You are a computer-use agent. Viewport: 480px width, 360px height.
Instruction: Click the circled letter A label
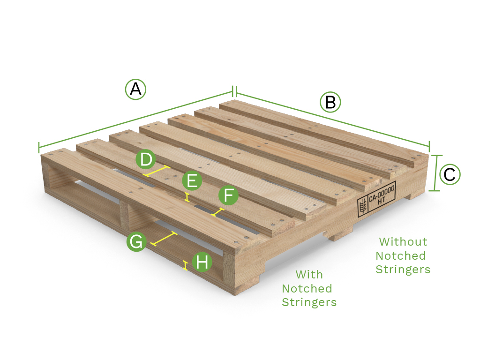[x=135, y=89]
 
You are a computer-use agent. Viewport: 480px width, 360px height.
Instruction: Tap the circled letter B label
[x=330, y=102]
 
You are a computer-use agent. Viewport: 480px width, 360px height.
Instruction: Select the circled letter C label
[x=450, y=175]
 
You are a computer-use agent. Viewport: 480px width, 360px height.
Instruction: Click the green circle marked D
[x=146, y=160]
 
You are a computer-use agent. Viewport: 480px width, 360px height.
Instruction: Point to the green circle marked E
[x=192, y=180]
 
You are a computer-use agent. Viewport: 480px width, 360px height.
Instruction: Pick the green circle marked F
[x=228, y=195]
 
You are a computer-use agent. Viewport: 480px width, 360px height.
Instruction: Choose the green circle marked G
[x=136, y=242]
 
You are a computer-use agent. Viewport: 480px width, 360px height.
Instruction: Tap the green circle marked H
[x=202, y=262]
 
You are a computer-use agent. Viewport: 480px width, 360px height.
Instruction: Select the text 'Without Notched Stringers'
[x=403, y=255]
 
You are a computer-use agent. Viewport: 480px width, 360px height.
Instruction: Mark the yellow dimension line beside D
[x=157, y=171]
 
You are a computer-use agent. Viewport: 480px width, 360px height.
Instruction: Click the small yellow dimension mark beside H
[x=186, y=266]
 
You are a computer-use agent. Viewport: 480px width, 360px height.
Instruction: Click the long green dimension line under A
[x=136, y=119]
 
